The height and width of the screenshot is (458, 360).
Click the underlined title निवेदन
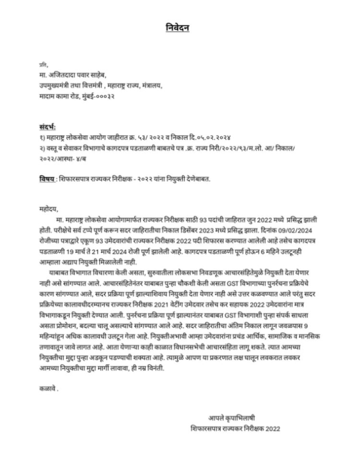click(x=175, y=28)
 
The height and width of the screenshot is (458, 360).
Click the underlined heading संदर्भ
click(x=48, y=128)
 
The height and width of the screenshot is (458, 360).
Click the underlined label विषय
click(x=47, y=179)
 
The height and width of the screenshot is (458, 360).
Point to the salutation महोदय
click(x=48, y=209)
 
